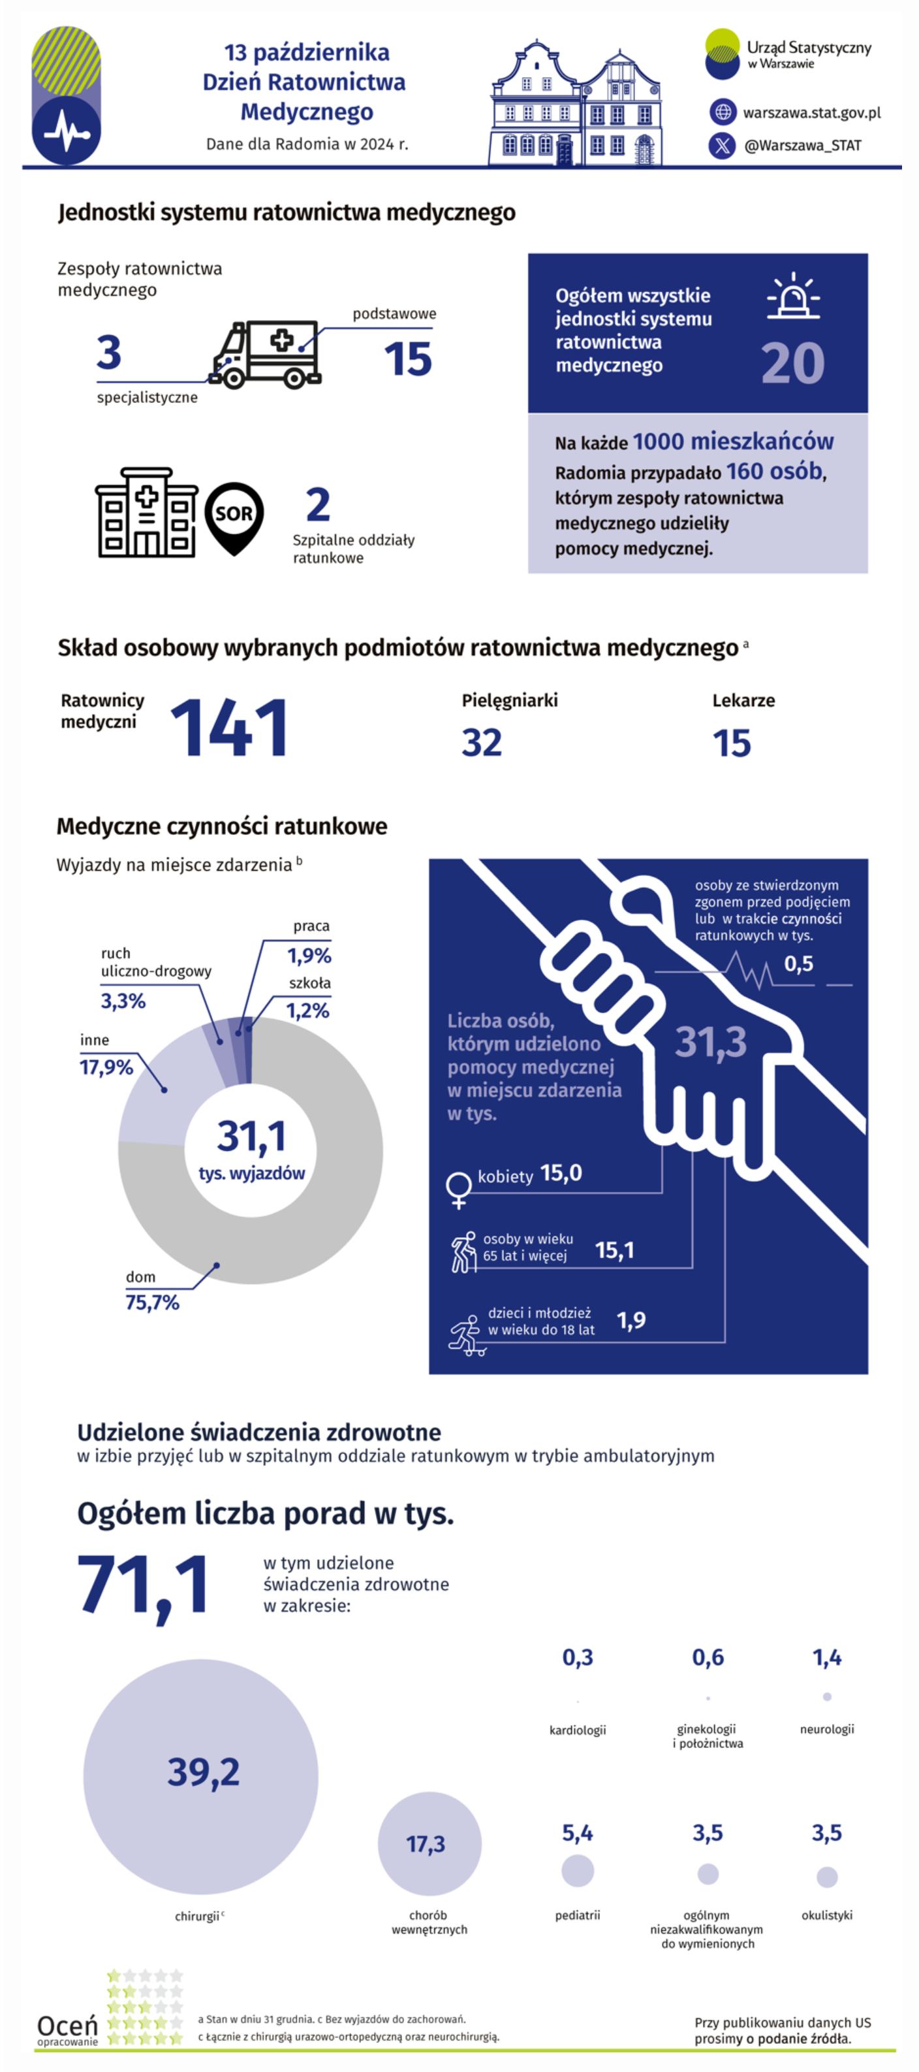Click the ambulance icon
click(x=266, y=355)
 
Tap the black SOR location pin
click(x=234, y=517)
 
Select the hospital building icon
click(x=146, y=512)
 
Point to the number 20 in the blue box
click(x=793, y=364)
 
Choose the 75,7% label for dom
click(x=152, y=1303)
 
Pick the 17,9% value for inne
click(x=106, y=1067)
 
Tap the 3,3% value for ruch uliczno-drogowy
click(x=123, y=1001)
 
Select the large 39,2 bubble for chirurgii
click(x=201, y=1776)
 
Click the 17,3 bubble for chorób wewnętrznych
click(x=429, y=1843)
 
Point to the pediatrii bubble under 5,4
click(x=577, y=1870)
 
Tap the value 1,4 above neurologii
click(x=826, y=1658)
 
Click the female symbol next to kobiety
click(x=458, y=1189)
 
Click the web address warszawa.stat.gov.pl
click(x=811, y=112)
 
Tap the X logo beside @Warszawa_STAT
click(x=722, y=146)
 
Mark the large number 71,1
click(x=143, y=1585)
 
